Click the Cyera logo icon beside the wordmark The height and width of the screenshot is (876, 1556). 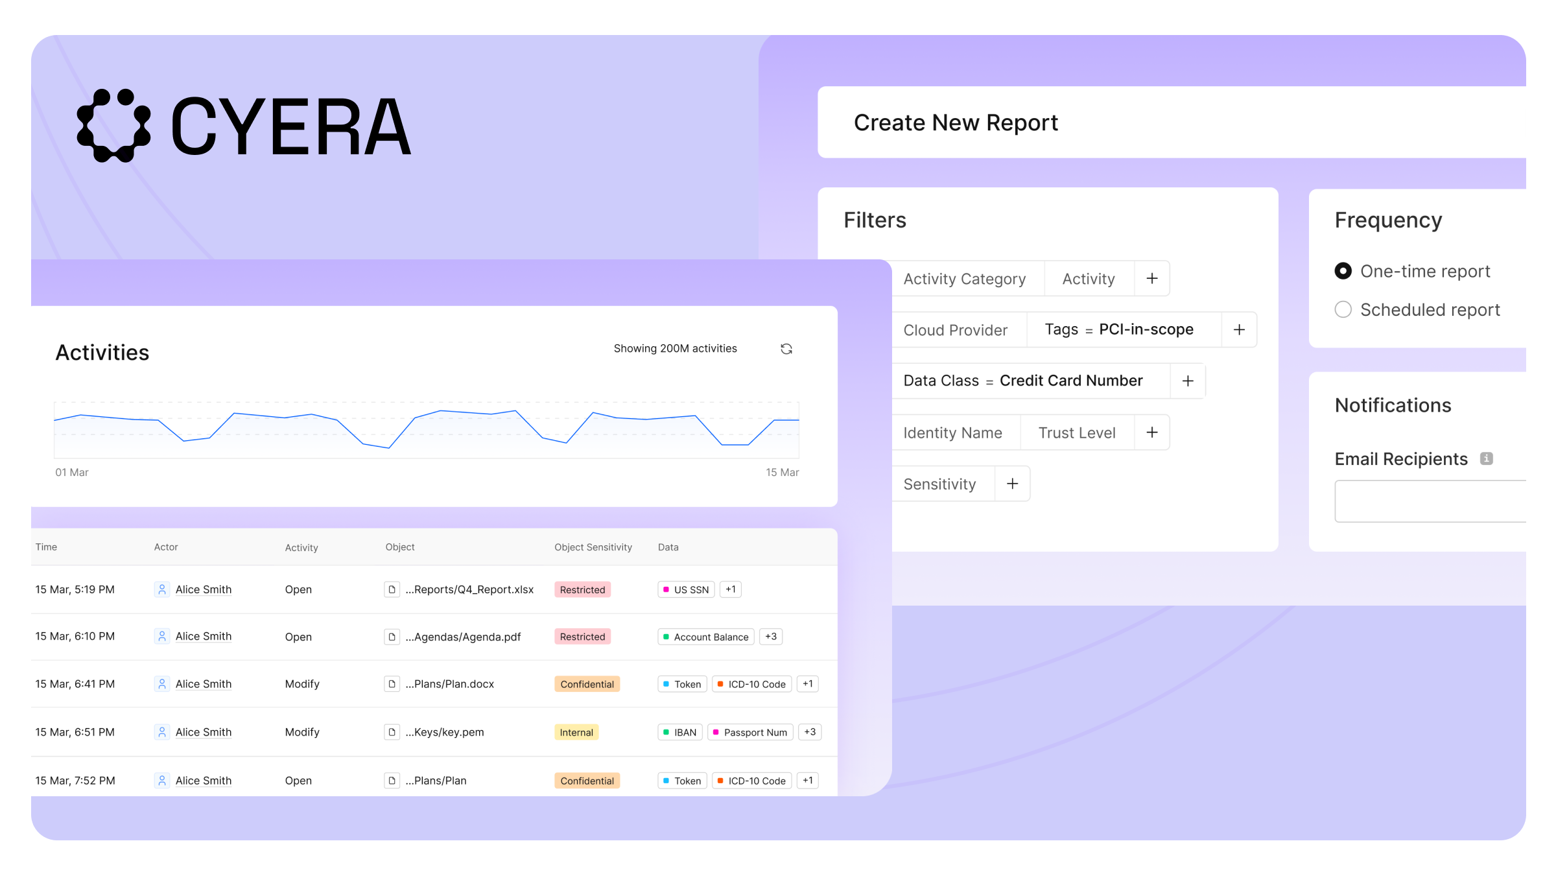(x=114, y=126)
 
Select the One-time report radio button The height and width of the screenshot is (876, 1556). (x=1343, y=271)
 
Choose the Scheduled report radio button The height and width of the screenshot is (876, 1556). (x=1343, y=309)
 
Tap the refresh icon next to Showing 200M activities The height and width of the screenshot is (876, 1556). (x=786, y=349)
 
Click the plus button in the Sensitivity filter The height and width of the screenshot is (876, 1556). (x=1012, y=484)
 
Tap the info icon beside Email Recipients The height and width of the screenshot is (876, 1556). (x=1487, y=458)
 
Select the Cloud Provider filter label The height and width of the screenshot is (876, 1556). (x=955, y=330)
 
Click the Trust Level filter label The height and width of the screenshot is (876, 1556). (x=1077, y=432)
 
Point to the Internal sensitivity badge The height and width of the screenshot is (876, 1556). (x=576, y=732)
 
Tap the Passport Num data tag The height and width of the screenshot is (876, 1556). (x=750, y=732)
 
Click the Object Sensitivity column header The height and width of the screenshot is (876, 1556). (x=593, y=547)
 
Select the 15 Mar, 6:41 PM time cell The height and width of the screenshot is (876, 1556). (x=75, y=684)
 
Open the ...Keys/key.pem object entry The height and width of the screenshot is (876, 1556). (x=445, y=732)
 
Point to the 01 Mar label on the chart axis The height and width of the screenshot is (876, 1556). (x=72, y=472)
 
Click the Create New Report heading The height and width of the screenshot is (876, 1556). (x=956, y=123)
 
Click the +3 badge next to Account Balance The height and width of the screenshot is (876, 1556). (x=771, y=637)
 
